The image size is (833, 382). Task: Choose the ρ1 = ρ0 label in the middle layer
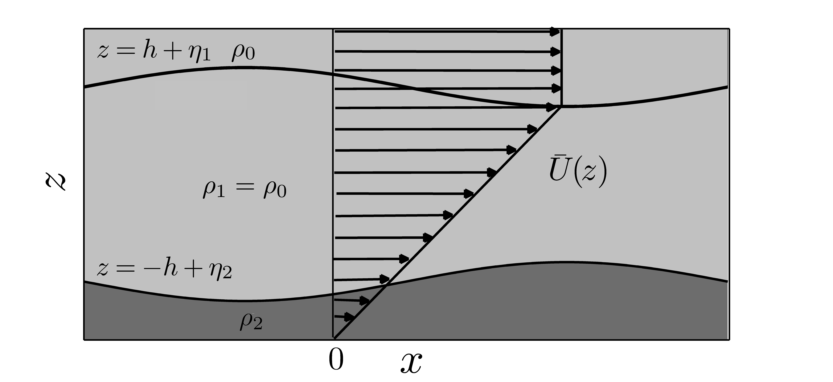(x=244, y=190)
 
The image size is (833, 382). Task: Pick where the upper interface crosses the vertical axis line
(x=333, y=75)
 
